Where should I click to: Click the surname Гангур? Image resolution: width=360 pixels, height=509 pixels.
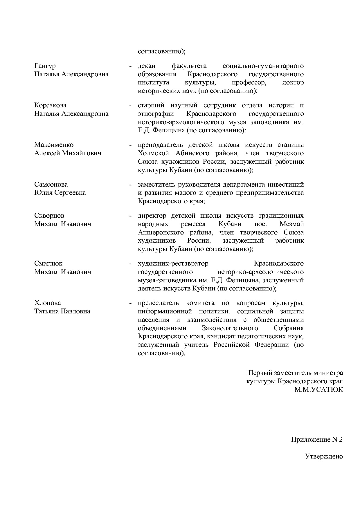pyautogui.click(x=45, y=66)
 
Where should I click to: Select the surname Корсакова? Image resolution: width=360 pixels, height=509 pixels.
pyautogui.click(x=50, y=105)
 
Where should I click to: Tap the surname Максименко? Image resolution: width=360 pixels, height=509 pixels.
pyautogui.click(x=54, y=145)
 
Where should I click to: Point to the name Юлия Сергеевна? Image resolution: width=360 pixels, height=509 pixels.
pyautogui.click(x=60, y=193)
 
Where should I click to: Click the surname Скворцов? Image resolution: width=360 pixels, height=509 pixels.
pyautogui.click(x=49, y=216)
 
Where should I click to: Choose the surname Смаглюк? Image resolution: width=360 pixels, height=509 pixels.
pyautogui.click(x=48, y=263)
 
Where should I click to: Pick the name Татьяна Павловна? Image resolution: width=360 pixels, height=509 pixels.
pyautogui.click(x=62, y=311)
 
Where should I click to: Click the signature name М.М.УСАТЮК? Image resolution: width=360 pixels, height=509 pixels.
pyautogui.click(x=318, y=389)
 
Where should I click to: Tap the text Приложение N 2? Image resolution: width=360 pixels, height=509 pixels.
pyautogui.click(x=317, y=440)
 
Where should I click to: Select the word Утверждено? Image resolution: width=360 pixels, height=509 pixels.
pyautogui.click(x=324, y=456)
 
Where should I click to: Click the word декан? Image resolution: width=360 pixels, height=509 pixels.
pyautogui.click(x=147, y=66)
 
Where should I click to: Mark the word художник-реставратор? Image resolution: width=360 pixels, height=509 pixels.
pyautogui.click(x=173, y=263)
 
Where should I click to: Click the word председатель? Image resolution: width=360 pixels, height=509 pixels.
pyautogui.click(x=158, y=303)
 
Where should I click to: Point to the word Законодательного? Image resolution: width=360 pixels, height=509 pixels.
pyautogui.click(x=230, y=328)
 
